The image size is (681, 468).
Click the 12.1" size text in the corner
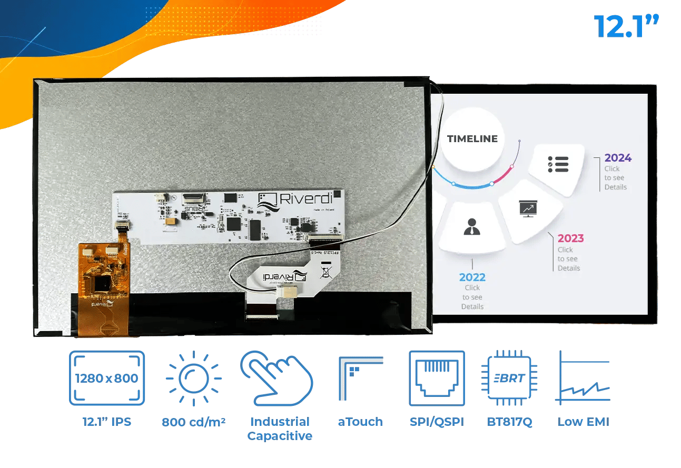(x=626, y=26)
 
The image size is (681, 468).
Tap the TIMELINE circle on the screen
(x=472, y=139)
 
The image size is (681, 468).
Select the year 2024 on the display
(x=618, y=158)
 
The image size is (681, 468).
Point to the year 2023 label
(x=570, y=238)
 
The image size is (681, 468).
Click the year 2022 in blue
(x=472, y=277)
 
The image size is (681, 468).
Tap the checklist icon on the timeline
(x=558, y=164)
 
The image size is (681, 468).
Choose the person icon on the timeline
(x=471, y=226)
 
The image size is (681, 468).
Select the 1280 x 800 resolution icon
(x=107, y=378)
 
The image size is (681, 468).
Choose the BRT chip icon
(x=509, y=378)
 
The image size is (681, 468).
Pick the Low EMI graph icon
(x=584, y=378)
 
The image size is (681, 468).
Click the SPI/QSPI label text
(x=437, y=422)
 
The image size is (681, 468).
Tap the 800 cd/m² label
(x=193, y=422)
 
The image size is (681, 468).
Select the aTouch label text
(x=360, y=422)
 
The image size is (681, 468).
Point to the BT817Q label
(x=509, y=422)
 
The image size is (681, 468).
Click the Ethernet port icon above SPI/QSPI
(x=437, y=378)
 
